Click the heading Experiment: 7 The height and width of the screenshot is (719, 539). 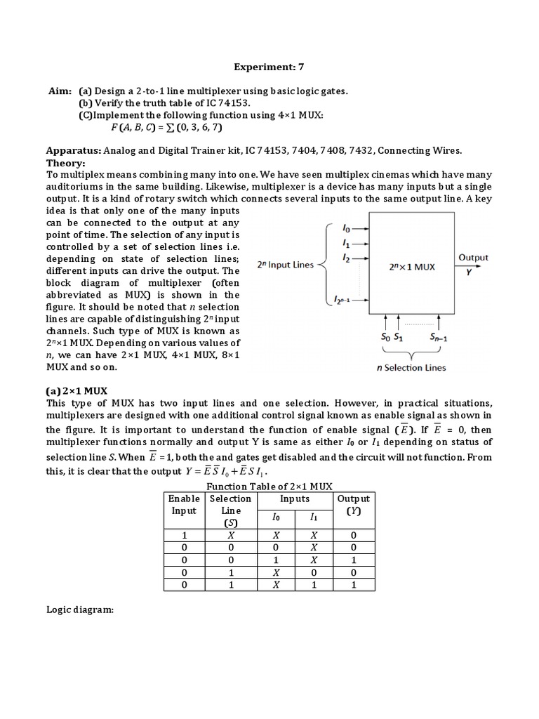(269, 67)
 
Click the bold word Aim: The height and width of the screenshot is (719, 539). (59, 92)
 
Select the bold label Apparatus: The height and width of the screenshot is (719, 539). (74, 150)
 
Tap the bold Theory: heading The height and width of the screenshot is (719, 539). (65, 162)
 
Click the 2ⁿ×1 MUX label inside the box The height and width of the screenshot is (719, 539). (412, 268)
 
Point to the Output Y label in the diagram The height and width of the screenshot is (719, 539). (473, 262)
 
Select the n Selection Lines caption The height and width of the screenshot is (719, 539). (411, 367)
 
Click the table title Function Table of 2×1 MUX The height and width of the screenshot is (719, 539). (269, 487)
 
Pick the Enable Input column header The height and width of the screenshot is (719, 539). (185, 504)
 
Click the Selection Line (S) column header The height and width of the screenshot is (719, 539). (230, 510)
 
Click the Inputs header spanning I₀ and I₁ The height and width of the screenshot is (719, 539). (295, 499)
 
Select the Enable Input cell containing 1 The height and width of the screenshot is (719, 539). (185, 534)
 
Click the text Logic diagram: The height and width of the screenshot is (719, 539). (79, 610)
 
